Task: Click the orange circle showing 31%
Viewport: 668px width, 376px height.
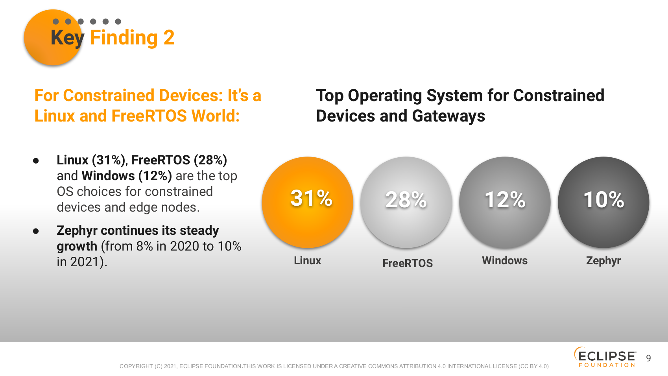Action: [x=308, y=202]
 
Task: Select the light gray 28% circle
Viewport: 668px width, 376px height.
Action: [x=406, y=202]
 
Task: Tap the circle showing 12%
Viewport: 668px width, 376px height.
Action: [x=505, y=202]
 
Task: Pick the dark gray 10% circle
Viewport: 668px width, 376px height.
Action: [x=603, y=202]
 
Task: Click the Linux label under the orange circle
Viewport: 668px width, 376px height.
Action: [x=308, y=261]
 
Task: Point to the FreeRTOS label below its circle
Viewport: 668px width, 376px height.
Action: [x=407, y=263]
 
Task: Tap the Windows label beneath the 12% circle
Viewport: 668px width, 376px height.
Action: [x=505, y=261]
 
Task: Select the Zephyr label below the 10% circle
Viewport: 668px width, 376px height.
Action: [x=603, y=261]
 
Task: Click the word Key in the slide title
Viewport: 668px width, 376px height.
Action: [x=67, y=38]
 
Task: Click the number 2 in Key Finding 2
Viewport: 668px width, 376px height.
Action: [x=169, y=38]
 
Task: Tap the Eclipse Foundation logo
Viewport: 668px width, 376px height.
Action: [x=605, y=357]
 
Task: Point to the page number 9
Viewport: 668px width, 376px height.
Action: [x=648, y=358]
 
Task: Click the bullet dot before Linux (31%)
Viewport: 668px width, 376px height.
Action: [x=36, y=161]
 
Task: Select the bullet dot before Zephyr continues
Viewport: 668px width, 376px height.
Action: [x=36, y=231]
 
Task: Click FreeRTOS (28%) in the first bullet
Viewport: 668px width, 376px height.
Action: [x=179, y=160]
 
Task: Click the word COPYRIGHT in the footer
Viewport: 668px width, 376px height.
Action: [x=136, y=366]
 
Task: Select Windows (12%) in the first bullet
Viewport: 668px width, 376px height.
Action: [x=126, y=176]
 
